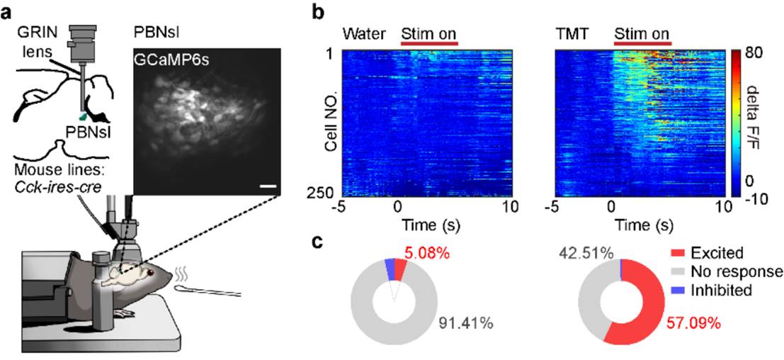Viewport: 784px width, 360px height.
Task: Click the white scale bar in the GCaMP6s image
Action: pos(266,186)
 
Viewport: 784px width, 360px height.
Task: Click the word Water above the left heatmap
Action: pos(363,33)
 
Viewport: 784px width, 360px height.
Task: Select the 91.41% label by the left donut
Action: pos(467,327)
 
